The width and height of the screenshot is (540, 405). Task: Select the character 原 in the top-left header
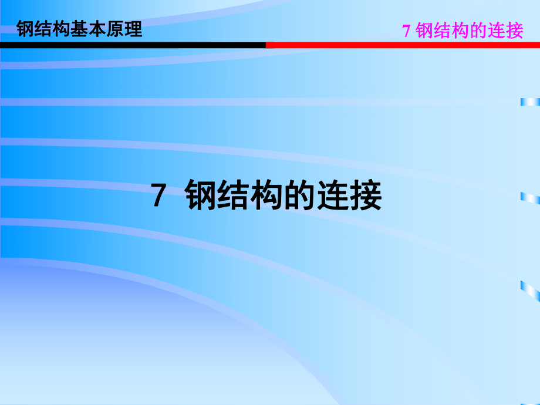point(116,29)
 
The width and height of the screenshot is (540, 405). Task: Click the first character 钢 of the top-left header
point(26,29)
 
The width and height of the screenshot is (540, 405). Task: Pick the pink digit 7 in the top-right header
point(406,31)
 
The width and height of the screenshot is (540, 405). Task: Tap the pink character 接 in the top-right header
point(514,31)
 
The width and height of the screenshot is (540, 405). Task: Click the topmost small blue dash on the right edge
point(530,102)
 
